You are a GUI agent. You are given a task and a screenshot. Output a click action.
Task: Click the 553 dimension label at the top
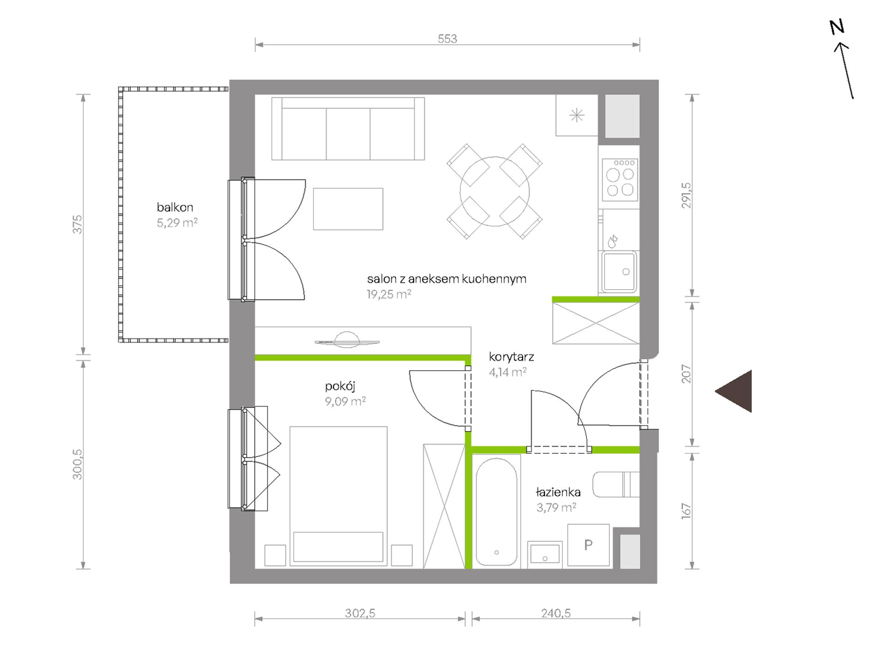pyautogui.click(x=447, y=39)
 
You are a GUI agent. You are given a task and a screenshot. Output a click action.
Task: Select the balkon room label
pyautogui.click(x=175, y=207)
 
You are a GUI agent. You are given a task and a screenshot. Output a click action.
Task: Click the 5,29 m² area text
pyautogui.click(x=177, y=223)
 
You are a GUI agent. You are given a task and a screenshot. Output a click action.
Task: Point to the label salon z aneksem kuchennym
pyautogui.click(x=447, y=279)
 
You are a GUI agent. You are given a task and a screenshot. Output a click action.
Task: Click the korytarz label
pyautogui.click(x=511, y=356)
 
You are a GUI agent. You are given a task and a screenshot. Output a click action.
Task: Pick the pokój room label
pyautogui.click(x=340, y=386)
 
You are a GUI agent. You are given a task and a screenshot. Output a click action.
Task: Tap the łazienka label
pyautogui.click(x=558, y=492)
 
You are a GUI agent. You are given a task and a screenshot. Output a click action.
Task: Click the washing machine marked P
pyautogui.click(x=589, y=545)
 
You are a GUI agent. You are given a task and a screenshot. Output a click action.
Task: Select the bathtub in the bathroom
pyautogui.click(x=497, y=511)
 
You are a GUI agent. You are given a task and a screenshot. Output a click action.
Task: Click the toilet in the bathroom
pyautogui.click(x=616, y=484)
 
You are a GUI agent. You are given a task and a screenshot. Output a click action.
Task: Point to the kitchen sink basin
pyautogui.click(x=619, y=272)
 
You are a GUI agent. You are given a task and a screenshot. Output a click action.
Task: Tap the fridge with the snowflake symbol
pyautogui.click(x=577, y=115)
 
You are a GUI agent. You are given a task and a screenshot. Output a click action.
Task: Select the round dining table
pyautogui.click(x=495, y=191)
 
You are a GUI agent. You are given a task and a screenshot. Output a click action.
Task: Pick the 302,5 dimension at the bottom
pyautogui.click(x=360, y=613)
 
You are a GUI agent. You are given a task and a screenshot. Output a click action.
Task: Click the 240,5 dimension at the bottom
pyautogui.click(x=556, y=613)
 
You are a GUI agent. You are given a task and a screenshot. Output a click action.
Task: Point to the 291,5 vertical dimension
pyautogui.click(x=686, y=196)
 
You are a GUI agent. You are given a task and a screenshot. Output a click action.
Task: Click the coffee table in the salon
pyautogui.click(x=348, y=209)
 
